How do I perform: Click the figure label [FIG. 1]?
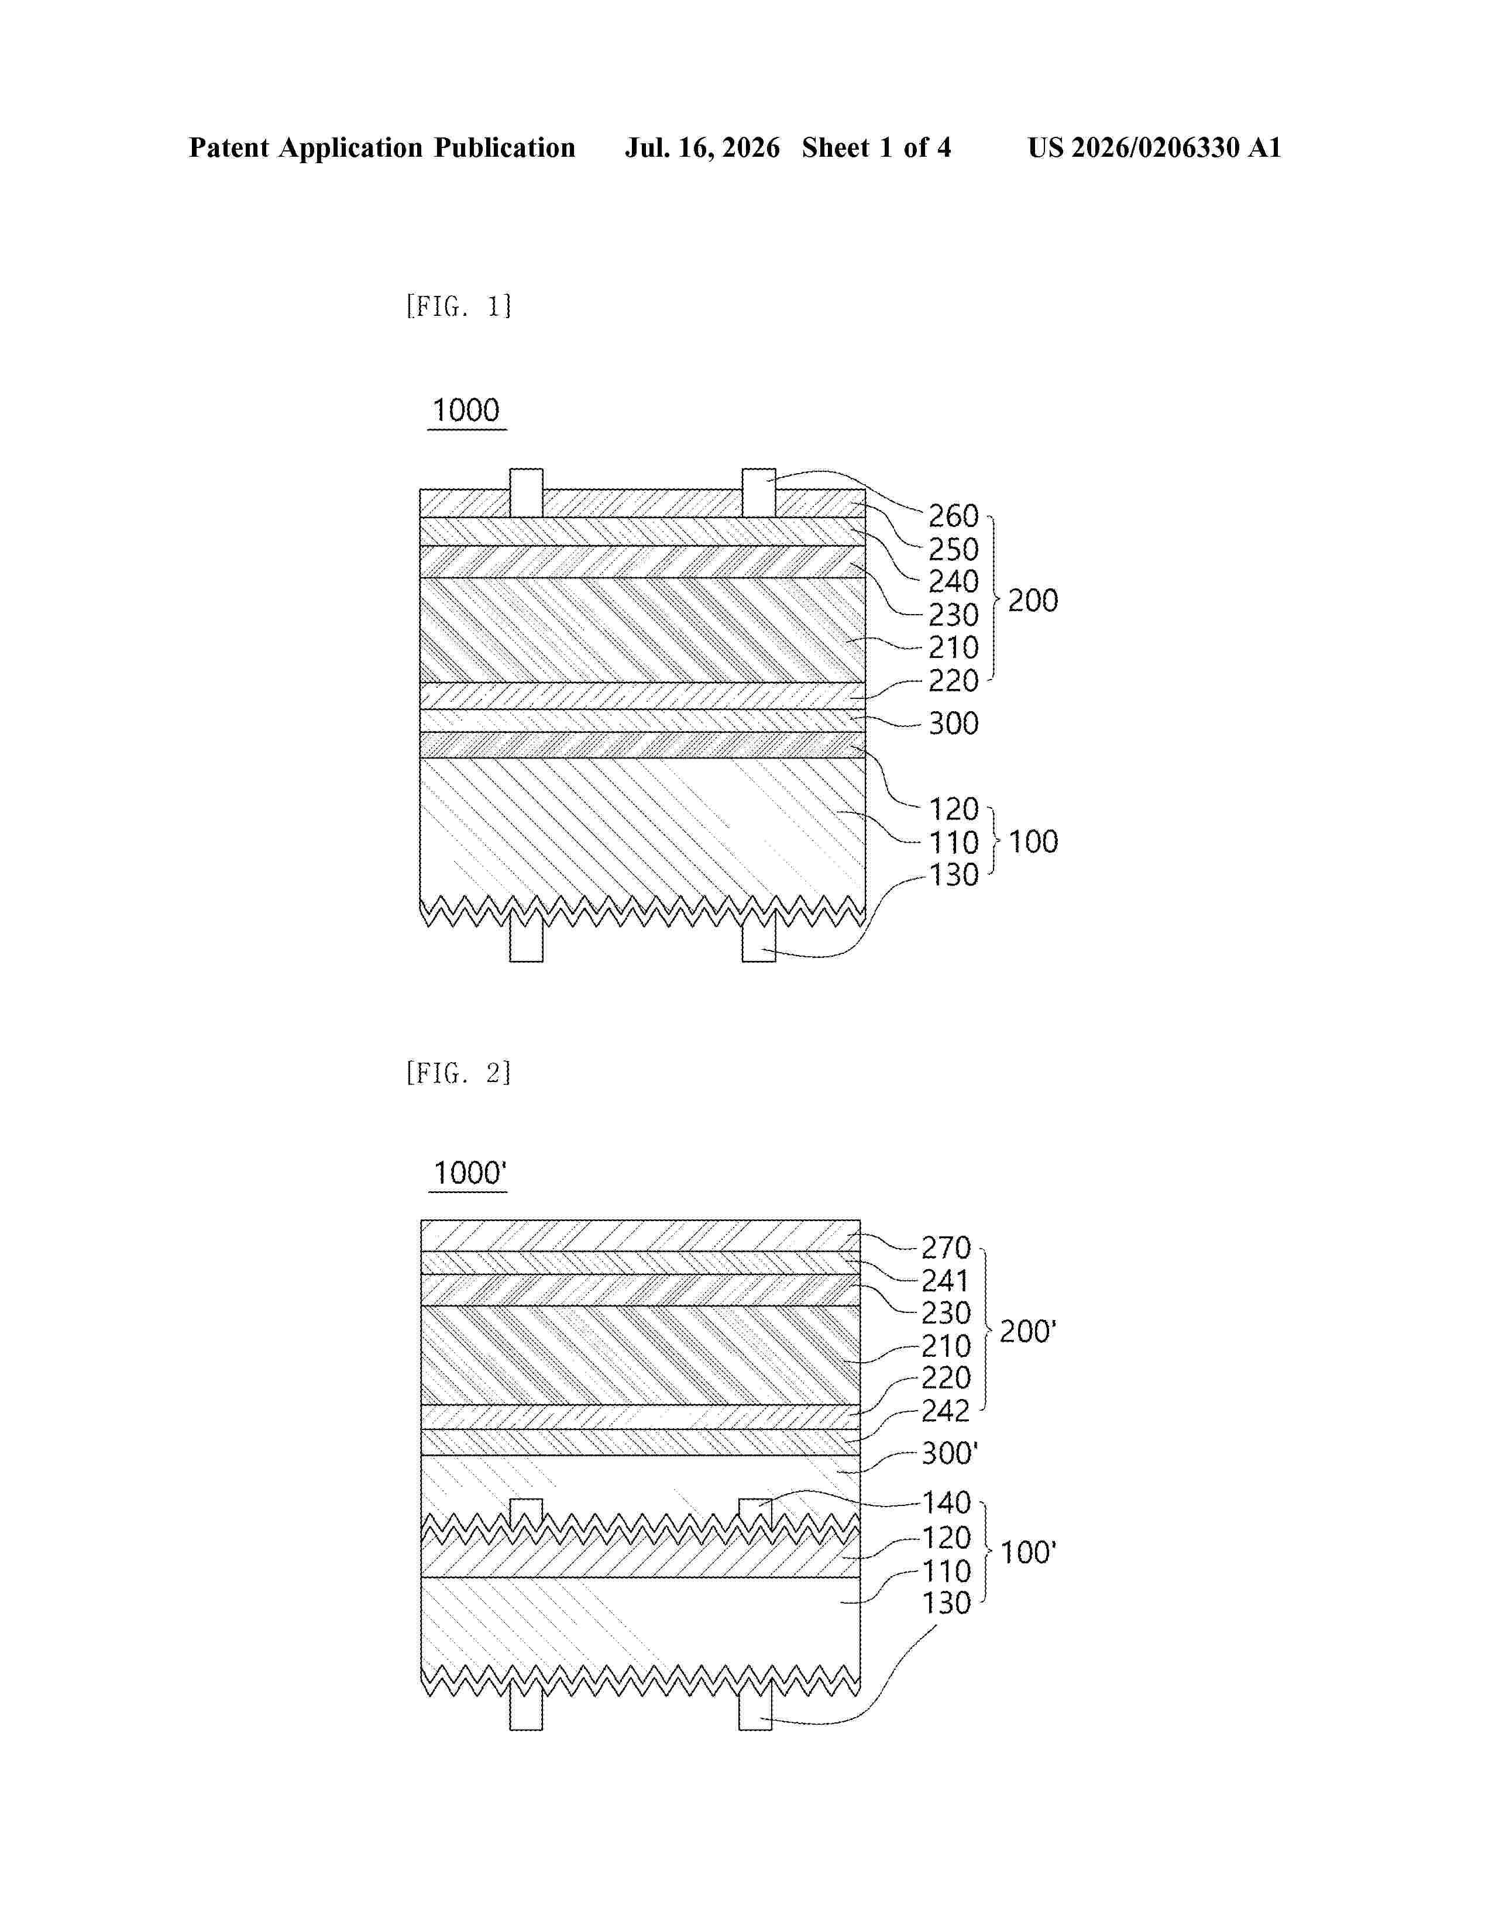pos(459,306)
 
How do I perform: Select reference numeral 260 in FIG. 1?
pos(953,516)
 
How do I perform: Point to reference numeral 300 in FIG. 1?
pos(953,724)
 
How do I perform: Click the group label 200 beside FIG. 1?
pos(1032,601)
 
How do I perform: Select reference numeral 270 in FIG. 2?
pos(946,1248)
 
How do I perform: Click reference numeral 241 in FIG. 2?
pos(946,1280)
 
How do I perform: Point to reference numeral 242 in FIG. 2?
pos(946,1411)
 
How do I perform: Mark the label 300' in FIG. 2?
pos(949,1453)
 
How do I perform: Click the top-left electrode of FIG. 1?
pos(526,493)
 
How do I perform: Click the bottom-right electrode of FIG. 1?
pos(758,938)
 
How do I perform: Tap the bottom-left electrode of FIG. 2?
pos(526,1705)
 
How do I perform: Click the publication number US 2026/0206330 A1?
pos(1154,147)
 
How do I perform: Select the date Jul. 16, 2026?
pos(703,147)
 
